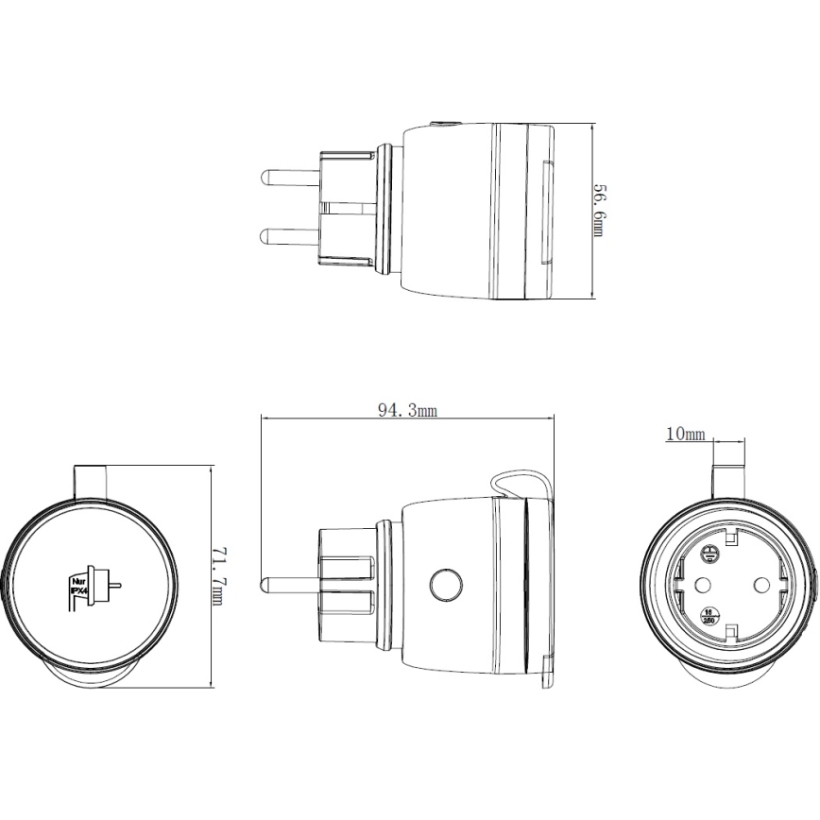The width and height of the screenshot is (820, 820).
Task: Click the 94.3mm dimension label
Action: [x=407, y=409]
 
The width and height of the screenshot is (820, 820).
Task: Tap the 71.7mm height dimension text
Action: [x=218, y=575]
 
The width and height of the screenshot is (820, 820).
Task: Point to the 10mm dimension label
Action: [x=685, y=435]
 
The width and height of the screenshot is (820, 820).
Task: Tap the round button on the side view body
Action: [x=443, y=585]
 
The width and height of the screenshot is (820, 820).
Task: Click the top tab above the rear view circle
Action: [x=93, y=480]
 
